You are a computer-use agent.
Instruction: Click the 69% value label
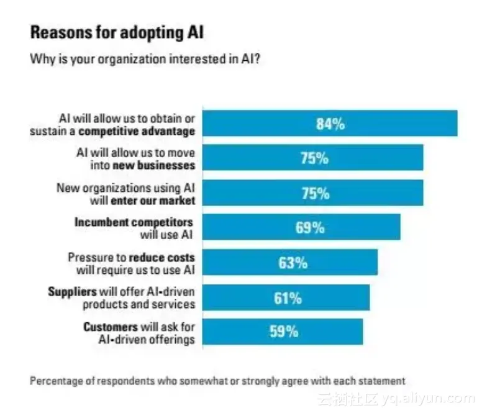click(310, 227)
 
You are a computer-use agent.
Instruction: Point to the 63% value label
click(293, 262)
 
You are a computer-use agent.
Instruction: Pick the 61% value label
click(288, 297)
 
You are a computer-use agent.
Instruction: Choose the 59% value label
click(283, 331)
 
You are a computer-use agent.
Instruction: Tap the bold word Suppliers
click(72, 291)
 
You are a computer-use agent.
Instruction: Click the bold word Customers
click(108, 327)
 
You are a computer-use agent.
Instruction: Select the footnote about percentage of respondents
click(217, 380)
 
